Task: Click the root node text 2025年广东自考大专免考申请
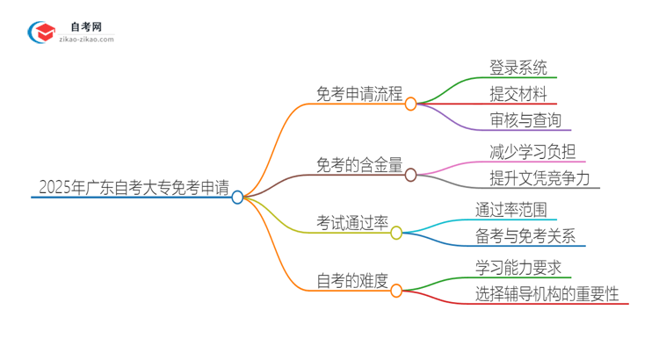click(x=134, y=186)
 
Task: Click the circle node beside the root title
click(x=237, y=198)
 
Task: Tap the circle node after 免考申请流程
click(x=410, y=104)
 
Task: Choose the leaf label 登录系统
click(x=518, y=66)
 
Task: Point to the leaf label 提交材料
click(x=518, y=93)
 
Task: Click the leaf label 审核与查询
click(x=525, y=120)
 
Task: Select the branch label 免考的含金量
click(x=359, y=164)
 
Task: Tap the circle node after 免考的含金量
click(x=410, y=176)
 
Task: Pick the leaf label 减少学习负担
click(x=532, y=150)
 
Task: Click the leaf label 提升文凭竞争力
click(x=546, y=178)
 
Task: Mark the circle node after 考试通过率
click(x=396, y=233)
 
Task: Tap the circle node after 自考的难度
click(x=396, y=290)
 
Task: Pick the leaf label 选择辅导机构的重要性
click(x=547, y=293)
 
